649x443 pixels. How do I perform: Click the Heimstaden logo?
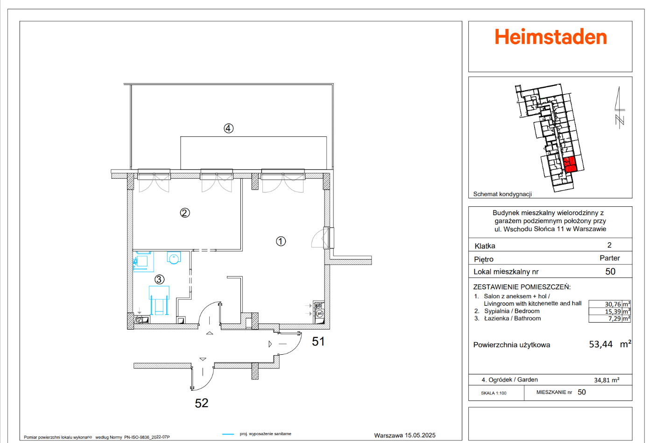(550, 37)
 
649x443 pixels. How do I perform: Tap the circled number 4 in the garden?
(228, 128)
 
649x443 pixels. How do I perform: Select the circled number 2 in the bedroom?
(185, 213)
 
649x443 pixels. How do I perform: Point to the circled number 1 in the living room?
(281, 241)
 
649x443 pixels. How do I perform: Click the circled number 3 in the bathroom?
(159, 279)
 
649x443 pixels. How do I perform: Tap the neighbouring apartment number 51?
(318, 342)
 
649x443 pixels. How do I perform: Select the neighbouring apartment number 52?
(201, 403)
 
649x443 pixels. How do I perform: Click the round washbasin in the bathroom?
(174, 258)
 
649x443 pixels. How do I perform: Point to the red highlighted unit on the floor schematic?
(570, 165)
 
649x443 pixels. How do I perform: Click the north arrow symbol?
(620, 107)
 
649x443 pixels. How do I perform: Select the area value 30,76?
(613, 304)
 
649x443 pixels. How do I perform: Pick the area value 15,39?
(613, 311)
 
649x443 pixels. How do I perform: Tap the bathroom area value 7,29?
(614, 318)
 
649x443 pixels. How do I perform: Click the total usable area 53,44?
(601, 345)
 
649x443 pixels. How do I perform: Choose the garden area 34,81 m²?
(607, 380)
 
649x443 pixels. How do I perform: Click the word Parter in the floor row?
(609, 258)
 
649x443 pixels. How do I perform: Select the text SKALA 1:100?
(494, 393)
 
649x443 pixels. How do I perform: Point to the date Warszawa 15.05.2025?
(404, 435)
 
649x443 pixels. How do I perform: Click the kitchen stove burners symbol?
(319, 309)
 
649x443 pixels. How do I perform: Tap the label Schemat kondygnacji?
(502, 194)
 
